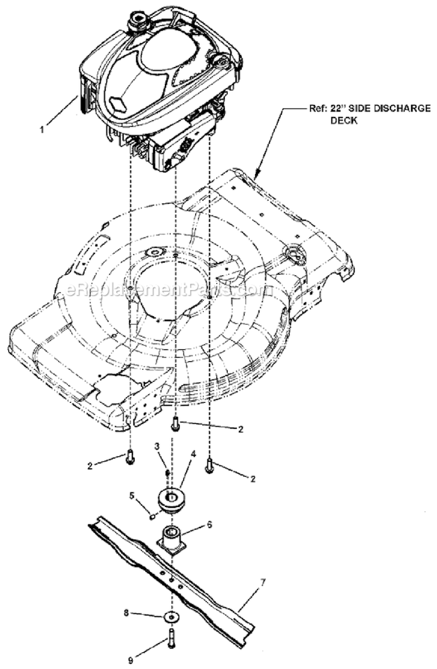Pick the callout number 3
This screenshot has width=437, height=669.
tap(157, 446)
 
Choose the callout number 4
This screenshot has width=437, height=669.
tap(193, 453)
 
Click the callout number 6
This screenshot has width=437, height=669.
tap(209, 524)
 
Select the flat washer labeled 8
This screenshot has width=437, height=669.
tap(171, 615)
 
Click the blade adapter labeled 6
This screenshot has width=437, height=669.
tap(172, 540)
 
